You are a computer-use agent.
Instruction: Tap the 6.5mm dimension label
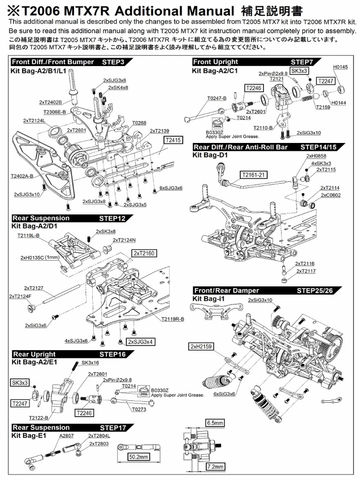(x=215, y=422)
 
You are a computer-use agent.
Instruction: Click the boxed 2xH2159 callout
(x=201, y=346)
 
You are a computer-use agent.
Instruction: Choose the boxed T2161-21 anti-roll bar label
(x=254, y=175)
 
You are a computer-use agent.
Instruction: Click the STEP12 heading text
(x=112, y=218)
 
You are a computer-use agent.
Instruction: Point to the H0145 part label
(x=340, y=67)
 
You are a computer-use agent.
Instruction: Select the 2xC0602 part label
(x=331, y=195)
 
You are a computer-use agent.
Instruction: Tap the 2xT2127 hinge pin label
(x=34, y=288)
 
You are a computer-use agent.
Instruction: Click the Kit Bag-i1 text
(x=209, y=298)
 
